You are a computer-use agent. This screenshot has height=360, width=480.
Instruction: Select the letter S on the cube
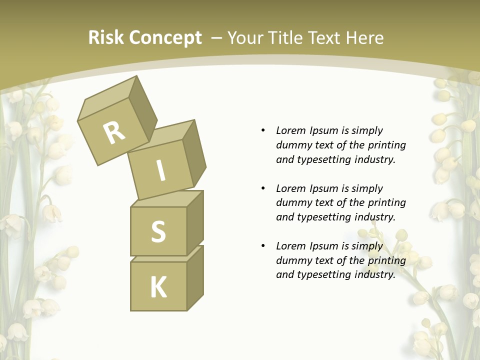point(158,231)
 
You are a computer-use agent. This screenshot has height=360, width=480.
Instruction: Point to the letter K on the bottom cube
point(158,287)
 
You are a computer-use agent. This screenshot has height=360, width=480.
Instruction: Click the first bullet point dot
point(263,130)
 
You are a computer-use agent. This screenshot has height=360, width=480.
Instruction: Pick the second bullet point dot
point(263,188)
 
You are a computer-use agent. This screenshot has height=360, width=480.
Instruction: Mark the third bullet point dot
point(263,246)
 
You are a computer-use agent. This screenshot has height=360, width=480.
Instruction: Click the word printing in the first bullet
point(387,145)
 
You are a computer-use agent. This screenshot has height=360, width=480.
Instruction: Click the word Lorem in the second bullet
point(291,188)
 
